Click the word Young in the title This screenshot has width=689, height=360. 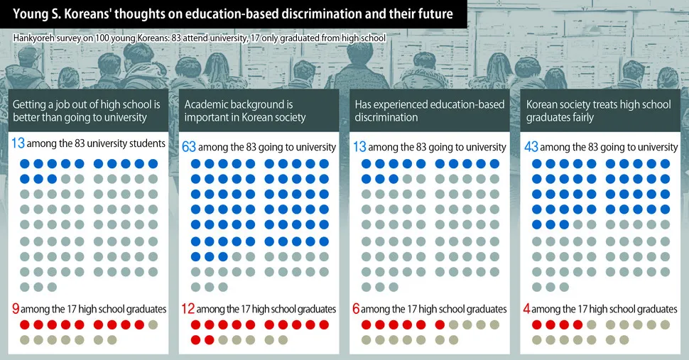coord(31,13)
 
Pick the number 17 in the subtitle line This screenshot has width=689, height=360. coord(251,37)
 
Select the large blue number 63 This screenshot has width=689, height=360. coord(189,146)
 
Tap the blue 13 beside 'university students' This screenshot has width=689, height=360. coord(18,143)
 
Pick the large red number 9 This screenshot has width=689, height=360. coord(16,309)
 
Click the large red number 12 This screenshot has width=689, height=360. coord(188,309)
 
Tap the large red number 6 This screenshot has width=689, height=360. coord(357,309)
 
